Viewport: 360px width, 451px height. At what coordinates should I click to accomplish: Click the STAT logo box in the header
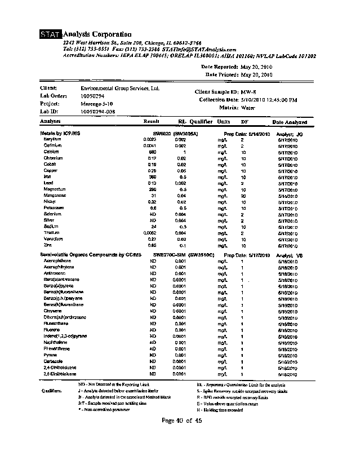(x=51, y=36)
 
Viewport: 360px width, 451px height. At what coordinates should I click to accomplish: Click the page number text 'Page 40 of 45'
(x=181, y=420)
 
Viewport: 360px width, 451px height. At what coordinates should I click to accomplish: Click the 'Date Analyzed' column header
(x=290, y=122)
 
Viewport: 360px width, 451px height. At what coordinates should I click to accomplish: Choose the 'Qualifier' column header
(x=201, y=121)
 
